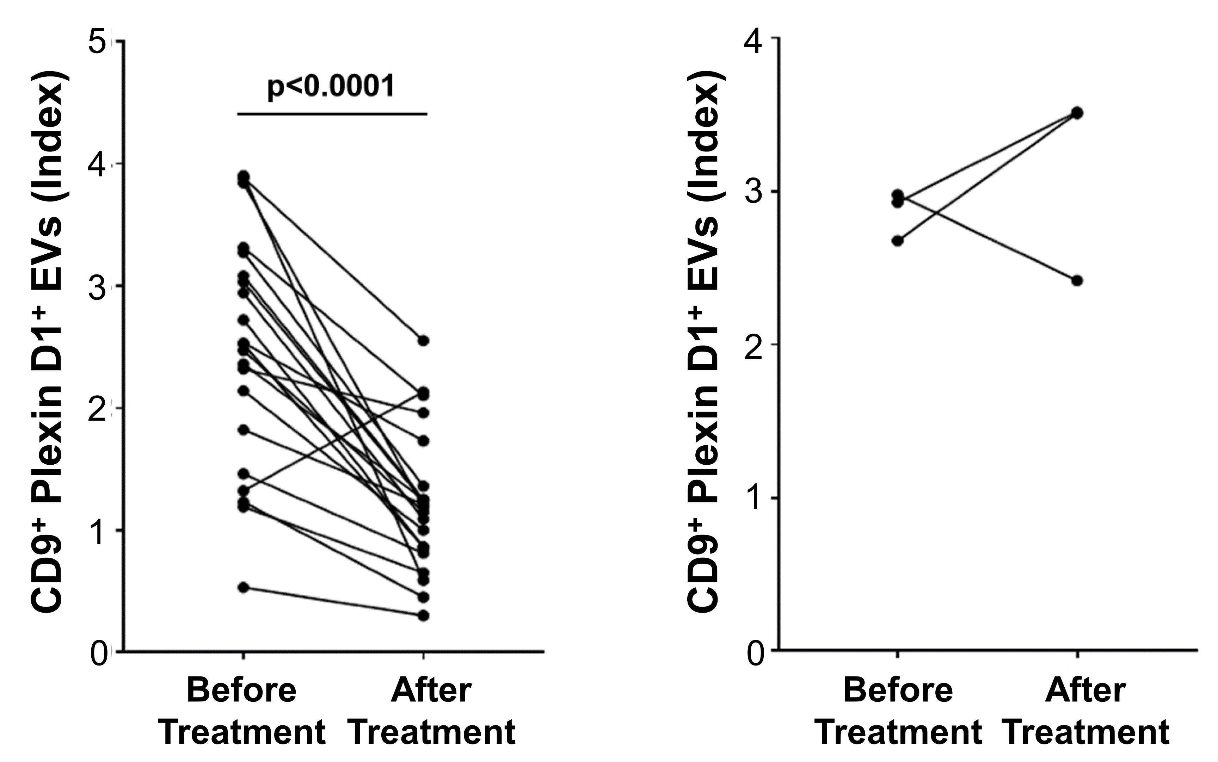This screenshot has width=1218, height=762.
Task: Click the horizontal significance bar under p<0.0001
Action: click(332, 114)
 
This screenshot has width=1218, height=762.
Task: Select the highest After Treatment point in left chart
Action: click(424, 341)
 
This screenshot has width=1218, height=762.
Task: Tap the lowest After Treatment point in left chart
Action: click(424, 615)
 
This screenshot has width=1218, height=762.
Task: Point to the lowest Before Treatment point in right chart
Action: click(897, 240)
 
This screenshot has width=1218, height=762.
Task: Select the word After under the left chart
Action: click(431, 690)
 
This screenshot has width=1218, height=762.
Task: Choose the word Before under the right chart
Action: click(898, 690)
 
